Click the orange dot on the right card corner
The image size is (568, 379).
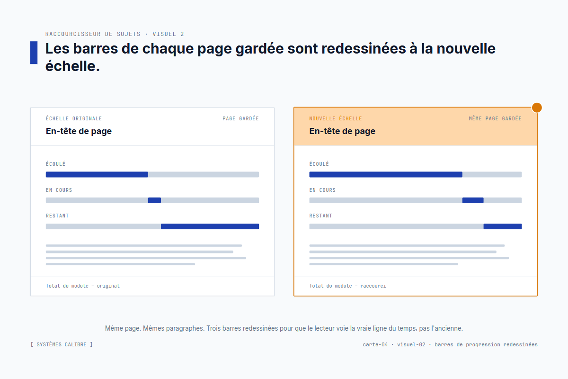click(537, 108)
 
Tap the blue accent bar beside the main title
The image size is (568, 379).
click(34, 53)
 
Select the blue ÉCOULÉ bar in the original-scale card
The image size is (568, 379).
click(97, 174)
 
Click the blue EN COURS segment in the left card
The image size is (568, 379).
click(154, 200)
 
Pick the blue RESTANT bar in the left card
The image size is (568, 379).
click(210, 226)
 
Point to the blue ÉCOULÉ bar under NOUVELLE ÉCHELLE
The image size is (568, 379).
click(386, 174)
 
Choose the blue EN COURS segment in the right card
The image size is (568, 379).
click(473, 200)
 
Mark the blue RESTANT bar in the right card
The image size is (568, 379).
click(503, 226)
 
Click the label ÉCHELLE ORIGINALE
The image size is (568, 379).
click(74, 119)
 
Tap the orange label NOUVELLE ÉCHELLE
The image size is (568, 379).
click(336, 119)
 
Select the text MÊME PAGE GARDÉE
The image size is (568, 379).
click(495, 119)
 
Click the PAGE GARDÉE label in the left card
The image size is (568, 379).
click(240, 119)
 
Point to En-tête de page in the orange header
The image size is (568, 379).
click(342, 131)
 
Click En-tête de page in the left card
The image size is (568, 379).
click(79, 131)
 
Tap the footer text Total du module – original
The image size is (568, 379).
click(83, 286)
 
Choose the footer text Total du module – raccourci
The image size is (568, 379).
click(347, 286)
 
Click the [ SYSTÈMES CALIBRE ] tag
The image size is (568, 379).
click(62, 344)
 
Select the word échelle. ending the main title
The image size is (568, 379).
click(72, 66)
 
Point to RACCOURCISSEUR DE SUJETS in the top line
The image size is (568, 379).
click(93, 34)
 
